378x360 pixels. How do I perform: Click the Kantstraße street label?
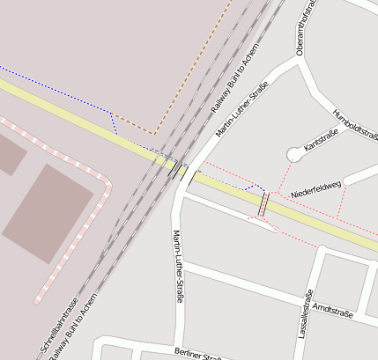pos(321,138)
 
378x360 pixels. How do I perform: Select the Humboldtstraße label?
pos(354,125)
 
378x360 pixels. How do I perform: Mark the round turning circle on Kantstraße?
pos(293,155)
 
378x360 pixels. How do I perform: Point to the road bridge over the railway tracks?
pos(174,166)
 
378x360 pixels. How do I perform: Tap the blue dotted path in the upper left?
pos(53,84)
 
